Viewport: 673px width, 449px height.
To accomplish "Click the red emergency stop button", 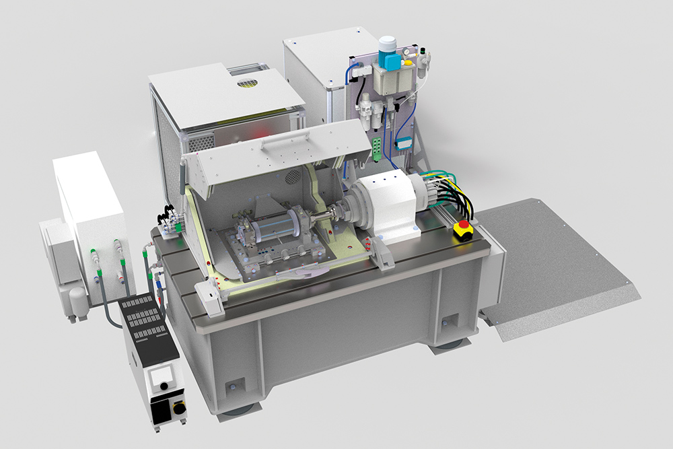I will coord(463,228).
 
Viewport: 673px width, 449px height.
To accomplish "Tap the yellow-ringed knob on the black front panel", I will coord(178,408).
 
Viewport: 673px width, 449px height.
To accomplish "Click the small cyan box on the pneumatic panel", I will coord(404,143).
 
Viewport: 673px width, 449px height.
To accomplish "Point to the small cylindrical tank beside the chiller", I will coord(78,302).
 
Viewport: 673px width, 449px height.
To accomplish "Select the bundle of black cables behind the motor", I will coord(452,192).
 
